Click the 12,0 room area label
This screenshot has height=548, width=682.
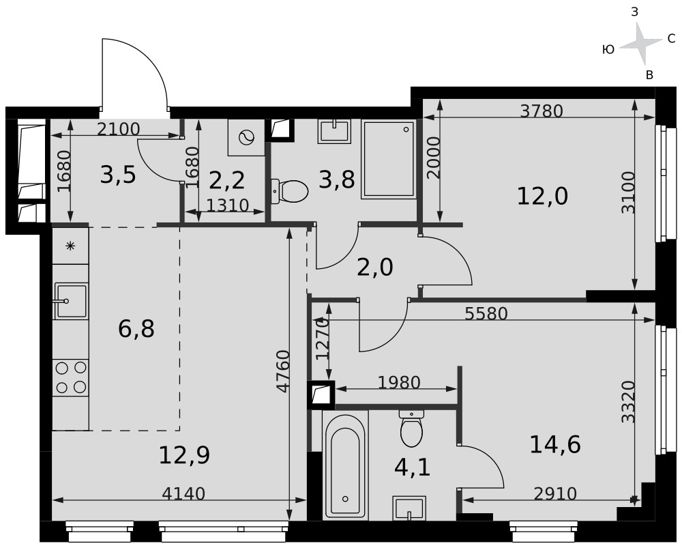(542, 197)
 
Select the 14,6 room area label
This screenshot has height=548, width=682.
(555, 445)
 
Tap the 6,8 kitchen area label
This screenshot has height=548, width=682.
(136, 329)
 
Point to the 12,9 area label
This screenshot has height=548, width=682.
(184, 455)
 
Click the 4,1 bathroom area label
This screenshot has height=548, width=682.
(413, 468)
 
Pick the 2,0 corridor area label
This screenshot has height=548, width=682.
(375, 268)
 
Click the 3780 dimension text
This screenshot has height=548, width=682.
(542, 111)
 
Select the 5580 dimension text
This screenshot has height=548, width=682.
(486, 313)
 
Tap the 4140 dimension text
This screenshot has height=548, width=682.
(183, 493)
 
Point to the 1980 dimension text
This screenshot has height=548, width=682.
(399, 383)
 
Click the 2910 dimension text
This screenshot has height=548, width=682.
(555, 493)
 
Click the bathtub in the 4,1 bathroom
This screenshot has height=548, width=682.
(345, 465)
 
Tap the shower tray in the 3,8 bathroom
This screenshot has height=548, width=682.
(389, 159)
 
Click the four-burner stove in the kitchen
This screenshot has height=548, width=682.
(71, 377)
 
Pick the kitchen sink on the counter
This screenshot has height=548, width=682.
(71, 300)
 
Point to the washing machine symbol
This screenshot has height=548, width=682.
(246, 138)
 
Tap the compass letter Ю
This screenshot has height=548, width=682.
(608, 50)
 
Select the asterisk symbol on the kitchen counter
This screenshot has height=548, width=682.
(70, 246)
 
